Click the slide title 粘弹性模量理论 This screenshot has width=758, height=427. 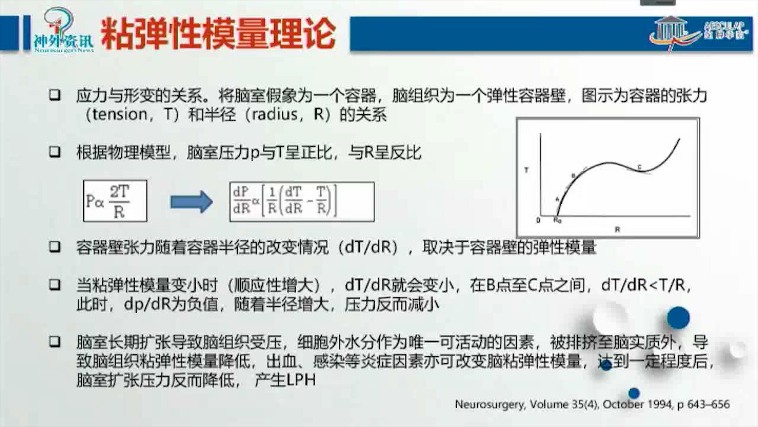point(218,34)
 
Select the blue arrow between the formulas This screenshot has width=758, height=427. point(191,202)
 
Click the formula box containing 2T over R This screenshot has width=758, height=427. point(115,201)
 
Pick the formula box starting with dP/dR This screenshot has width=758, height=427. point(302,201)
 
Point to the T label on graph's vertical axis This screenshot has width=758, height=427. point(526,170)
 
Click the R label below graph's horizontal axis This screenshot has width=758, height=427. point(617,229)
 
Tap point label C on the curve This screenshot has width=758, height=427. point(640,167)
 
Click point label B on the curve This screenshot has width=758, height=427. point(574,176)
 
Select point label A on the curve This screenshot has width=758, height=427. point(557,199)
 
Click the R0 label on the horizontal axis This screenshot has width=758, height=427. point(557,220)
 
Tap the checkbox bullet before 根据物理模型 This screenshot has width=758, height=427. point(55,152)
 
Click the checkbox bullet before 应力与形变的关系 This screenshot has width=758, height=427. point(55,95)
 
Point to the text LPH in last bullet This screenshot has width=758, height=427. point(301,380)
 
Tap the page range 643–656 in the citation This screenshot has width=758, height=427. point(708,404)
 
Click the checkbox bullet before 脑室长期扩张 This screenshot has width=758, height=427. point(55,342)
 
